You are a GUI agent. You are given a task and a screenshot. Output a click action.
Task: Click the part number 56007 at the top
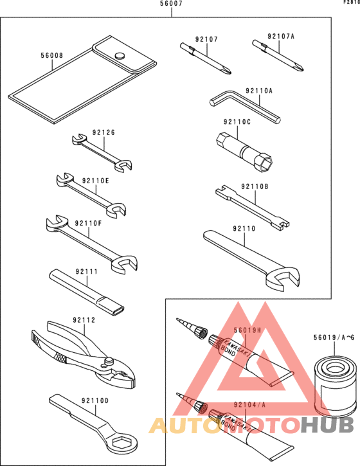pyautogui.click(x=171, y=4)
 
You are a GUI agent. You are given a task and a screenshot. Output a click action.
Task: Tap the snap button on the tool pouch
pyautogui.click(x=120, y=56)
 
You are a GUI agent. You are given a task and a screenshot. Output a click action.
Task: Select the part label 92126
pyautogui.click(x=104, y=132)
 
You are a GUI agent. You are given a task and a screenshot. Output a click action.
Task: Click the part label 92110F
pyautogui.click(x=88, y=224)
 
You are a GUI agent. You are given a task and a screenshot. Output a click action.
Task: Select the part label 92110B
pyautogui.click(x=255, y=186)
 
